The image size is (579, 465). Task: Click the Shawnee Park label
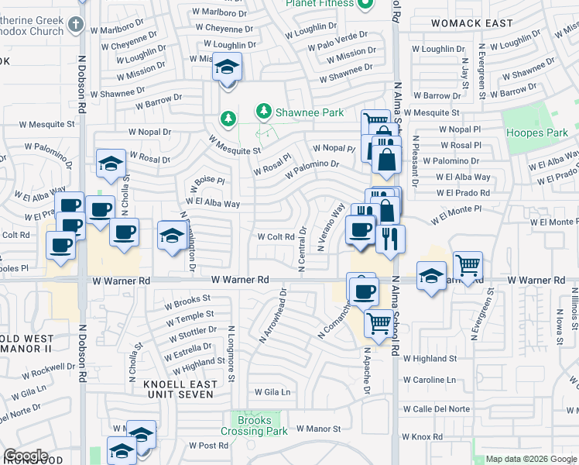[310, 113]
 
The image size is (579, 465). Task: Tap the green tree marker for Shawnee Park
[264, 112]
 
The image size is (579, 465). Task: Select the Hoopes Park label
[537, 133]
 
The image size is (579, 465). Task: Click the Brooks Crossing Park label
[254, 425]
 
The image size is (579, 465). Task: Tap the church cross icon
[75, 23]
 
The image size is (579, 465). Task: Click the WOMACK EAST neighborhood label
[471, 23]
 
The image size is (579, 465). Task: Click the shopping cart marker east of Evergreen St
[468, 265]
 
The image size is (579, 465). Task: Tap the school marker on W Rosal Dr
[111, 164]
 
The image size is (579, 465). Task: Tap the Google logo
[26, 456]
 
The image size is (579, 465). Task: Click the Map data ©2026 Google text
[530, 459]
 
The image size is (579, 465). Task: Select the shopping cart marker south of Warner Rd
[379, 322]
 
